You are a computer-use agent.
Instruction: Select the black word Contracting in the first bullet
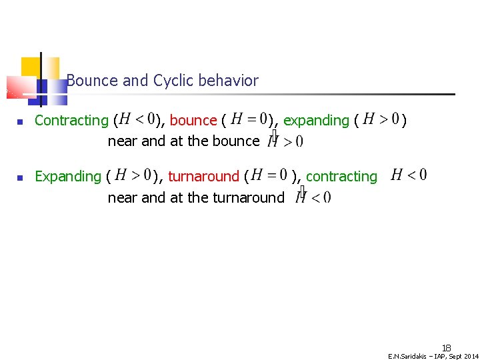71,121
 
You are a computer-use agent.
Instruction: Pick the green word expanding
316,121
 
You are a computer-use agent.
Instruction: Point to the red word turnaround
203,177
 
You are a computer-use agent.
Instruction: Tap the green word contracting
341,177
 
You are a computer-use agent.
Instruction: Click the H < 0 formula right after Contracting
137,119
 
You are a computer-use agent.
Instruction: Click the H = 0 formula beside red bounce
249,119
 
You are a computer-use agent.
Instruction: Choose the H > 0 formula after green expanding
381,119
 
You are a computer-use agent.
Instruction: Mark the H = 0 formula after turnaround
269,175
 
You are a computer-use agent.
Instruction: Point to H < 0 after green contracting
409,175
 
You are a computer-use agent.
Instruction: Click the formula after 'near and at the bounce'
285,141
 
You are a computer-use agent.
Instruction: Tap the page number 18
446,347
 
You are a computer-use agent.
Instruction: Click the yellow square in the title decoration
31,67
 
